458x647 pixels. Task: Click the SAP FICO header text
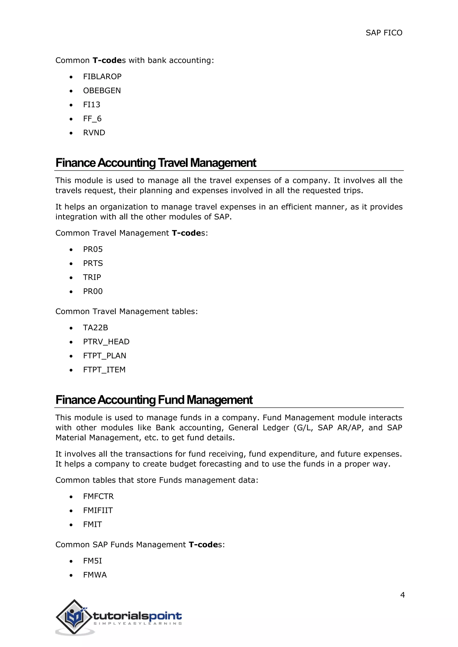coord(384,33)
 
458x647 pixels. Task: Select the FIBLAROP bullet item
coord(102,77)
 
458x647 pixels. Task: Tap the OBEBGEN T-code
coord(102,91)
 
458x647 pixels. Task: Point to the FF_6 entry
coord(92,119)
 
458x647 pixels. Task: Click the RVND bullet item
coord(94,133)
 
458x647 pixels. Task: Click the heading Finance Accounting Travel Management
coord(156,163)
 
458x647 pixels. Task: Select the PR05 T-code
coord(93,249)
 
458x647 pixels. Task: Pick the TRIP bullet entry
coord(92,277)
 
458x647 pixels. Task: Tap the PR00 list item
coord(93,291)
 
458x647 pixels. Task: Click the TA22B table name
coord(95,328)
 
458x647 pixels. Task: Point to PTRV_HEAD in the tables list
coord(106,342)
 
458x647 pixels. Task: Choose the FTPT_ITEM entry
coord(104,370)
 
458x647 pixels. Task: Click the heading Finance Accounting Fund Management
coord(154,400)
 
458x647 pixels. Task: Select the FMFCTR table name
coord(98,496)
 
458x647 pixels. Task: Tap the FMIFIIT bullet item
coord(98,511)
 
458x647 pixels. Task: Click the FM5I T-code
coord(93,561)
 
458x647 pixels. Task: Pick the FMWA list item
coord(95,575)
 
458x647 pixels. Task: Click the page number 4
coord(403,595)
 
